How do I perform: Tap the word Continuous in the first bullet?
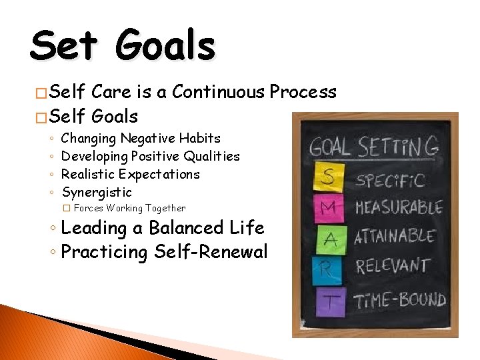click(218, 92)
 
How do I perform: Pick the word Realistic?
click(88, 175)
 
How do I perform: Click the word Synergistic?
click(97, 193)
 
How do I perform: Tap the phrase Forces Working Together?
click(129, 209)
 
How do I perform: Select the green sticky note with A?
click(329, 239)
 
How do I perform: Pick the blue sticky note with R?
click(327, 269)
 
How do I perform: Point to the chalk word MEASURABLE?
click(399, 207)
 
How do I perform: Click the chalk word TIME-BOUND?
click(400, 299)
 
